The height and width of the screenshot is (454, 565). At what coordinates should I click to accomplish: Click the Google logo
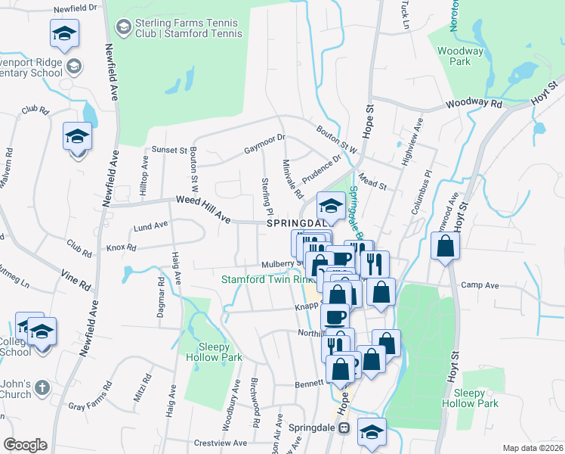click(25, 445)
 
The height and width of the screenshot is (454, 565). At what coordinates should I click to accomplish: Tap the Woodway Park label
click(460, 58)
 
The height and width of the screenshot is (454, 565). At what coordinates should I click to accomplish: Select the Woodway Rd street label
click(474, 103)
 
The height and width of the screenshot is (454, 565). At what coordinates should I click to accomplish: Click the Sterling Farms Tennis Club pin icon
click(122, 28)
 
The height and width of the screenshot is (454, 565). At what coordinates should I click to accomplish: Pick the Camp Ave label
click(481, 286)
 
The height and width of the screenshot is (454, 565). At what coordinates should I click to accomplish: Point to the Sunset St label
click(169, 150)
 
